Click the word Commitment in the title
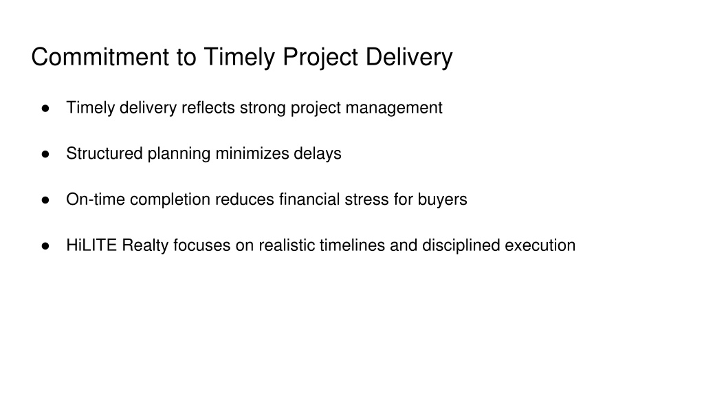pos(100,57)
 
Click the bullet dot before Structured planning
pos(45,154)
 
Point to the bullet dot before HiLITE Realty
pos(45,245)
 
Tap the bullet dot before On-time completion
pos(45,200)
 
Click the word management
pos(394,109)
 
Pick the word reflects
pos(208,108)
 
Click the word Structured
pos(104,153)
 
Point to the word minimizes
pos(252,153)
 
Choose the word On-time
pos(96,199)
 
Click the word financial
pos(309,199)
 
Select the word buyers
pos(442,200)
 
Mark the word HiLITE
pos(91,245)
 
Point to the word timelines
pos(352,245)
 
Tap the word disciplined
pos(461,246)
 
